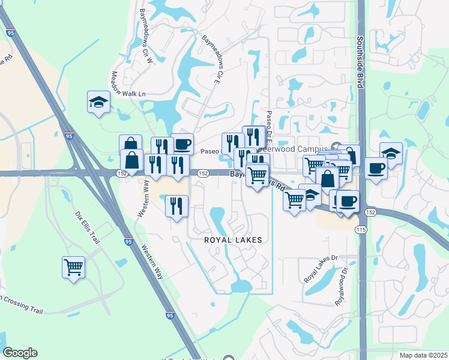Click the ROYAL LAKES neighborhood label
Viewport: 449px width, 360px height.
click(x=234, y=239)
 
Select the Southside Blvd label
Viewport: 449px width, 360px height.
click(x=361, y=61)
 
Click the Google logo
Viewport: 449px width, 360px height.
click(x=20, y=352)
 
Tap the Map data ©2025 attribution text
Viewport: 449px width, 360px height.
click(x=423, y=355)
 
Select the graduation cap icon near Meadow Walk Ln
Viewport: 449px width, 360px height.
click(x=98, y=103)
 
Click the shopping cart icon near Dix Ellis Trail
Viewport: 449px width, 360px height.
click(x=73, y=267)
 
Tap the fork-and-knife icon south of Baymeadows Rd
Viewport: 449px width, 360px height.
click(x=176, y=206)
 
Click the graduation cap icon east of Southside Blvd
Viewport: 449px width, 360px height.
click(x=391, y=154)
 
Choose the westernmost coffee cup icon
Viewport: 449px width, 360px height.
click(x=182, y=144)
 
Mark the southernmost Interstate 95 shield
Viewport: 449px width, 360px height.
click(x=170, y=315)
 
